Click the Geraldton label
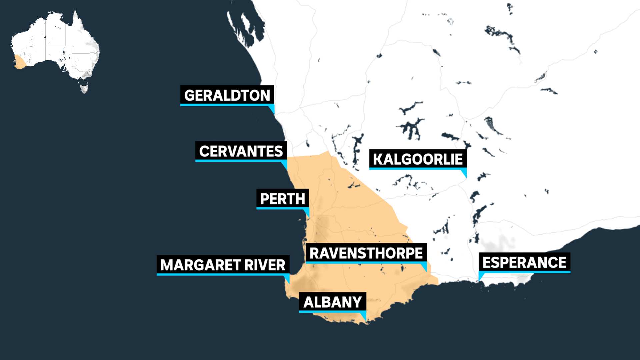227,95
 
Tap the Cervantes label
241,151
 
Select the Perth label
282,199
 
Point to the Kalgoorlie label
418,159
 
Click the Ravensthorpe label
366,253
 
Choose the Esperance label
524,262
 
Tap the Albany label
332,302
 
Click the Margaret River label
223,265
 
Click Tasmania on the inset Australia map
84,89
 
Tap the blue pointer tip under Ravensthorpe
426,270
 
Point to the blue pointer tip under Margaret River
288,282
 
